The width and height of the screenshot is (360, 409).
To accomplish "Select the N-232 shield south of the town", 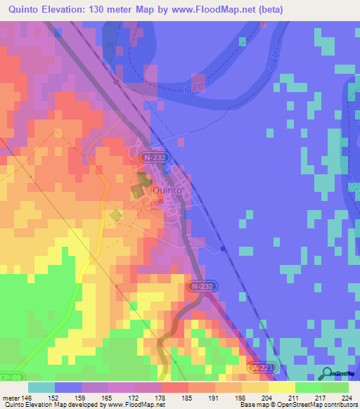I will (x=201, y=287).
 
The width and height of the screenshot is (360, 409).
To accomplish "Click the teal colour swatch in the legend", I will (x=41, y=387).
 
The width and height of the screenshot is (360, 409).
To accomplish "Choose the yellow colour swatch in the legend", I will (x=282, y=387).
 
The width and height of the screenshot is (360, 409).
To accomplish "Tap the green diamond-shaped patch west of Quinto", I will (x=115, y=215).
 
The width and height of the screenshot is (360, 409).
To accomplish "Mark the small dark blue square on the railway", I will (x=222, y=248).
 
